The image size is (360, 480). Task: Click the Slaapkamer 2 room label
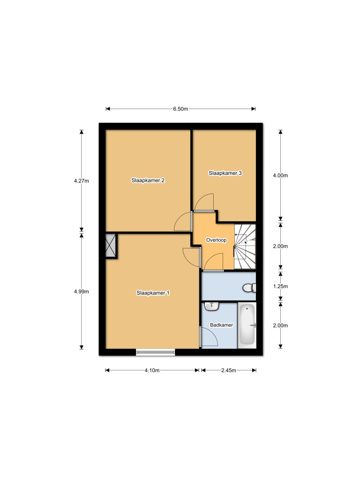coord(148,180)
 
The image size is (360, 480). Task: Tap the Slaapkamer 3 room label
coord(225,173)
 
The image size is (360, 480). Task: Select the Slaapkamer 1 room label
coord(153,293)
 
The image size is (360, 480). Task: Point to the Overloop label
coord(217,240)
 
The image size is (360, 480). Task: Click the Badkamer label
coord(222,325)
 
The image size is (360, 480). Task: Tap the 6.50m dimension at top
coord(180,109)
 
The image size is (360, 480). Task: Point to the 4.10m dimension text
coord(152,370)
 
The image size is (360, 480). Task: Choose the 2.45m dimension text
coord(228,370)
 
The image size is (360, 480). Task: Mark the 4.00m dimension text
coord(280,175)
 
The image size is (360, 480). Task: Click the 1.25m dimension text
coord(280,286)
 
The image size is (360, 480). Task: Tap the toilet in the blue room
coord(249,287)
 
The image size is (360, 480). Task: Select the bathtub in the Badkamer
coord(247,325)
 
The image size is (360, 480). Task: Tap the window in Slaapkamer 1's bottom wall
coord(156,352)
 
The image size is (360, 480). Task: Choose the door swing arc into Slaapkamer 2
coord(182,222)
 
